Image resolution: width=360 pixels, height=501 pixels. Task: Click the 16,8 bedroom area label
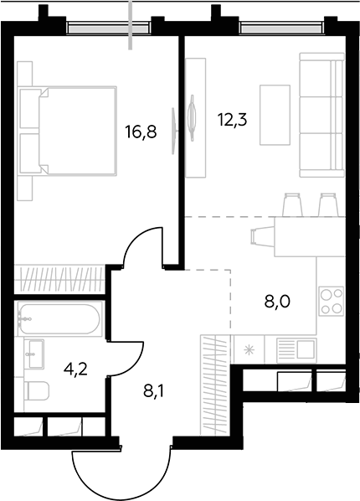[141, 132]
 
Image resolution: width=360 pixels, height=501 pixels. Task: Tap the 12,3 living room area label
[233, 120]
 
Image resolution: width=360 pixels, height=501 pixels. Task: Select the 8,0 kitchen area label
[277, 302]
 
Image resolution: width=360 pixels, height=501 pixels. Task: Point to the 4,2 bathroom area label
[75, 370]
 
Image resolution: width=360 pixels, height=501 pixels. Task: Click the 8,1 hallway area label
[153, 390]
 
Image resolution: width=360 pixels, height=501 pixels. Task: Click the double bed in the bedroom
[67, 131]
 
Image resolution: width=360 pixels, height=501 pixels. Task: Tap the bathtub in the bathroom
[59, 318]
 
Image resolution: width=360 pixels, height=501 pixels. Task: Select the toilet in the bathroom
[36, 390]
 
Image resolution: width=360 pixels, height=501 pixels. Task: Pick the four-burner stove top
[332, 302]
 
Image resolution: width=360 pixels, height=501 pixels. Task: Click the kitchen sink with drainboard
[296, 350]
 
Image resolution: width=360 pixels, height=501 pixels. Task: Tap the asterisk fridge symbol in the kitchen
[248, 350]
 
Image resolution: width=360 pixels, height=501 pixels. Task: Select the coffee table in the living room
[275, 115]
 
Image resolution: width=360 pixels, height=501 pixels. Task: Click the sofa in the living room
[322, 115]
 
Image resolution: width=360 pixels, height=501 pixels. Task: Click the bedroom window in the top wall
[109, 28]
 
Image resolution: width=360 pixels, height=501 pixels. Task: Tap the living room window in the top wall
[282, 28]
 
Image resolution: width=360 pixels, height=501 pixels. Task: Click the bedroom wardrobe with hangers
[60, 278]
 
